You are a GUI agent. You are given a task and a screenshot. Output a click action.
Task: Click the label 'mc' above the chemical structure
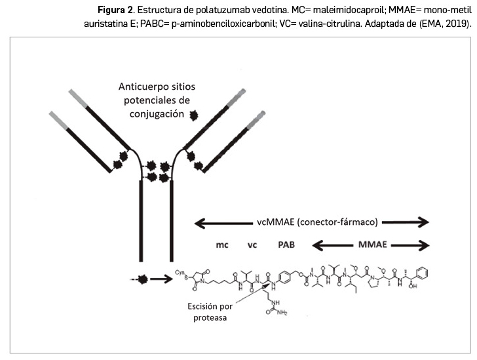221,245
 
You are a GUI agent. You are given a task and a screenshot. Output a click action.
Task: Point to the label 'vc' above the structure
252,245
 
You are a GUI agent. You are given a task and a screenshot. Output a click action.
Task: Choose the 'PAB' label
287,245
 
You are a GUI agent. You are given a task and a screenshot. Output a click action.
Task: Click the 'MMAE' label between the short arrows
372,245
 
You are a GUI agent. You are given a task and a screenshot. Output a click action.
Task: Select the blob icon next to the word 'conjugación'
194,115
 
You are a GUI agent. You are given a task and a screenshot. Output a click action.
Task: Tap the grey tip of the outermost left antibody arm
58,118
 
